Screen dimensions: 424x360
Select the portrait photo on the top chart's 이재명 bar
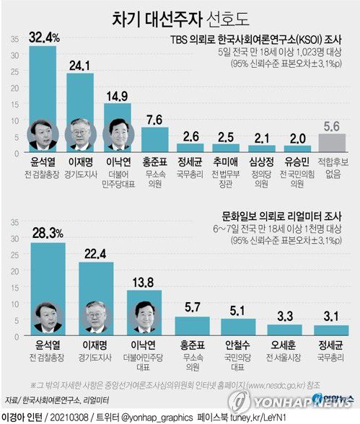81,135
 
